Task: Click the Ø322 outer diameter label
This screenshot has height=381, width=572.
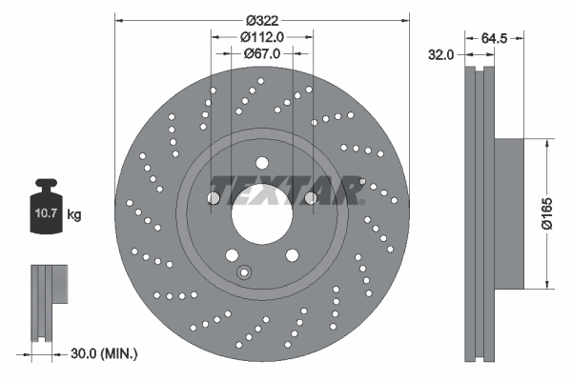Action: coord(263,19)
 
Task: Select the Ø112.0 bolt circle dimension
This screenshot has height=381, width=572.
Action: coord(263,36)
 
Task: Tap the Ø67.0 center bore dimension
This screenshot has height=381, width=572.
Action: coord(263,53)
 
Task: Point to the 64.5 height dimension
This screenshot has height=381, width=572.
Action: coord(493,38)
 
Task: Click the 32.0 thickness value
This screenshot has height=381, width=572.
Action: coord(439,55)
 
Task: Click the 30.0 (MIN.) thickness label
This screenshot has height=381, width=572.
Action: coord(105,353)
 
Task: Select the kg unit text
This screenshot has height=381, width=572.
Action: coord(74,215)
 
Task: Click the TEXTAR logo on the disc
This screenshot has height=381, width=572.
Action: coord(285,189)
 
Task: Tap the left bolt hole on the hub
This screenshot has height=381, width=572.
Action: coord(214,198)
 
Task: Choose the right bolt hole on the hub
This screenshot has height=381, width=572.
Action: coord(311,198)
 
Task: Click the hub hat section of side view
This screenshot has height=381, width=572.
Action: coord(510,211)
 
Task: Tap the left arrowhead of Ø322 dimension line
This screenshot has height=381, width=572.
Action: coord(119,19)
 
